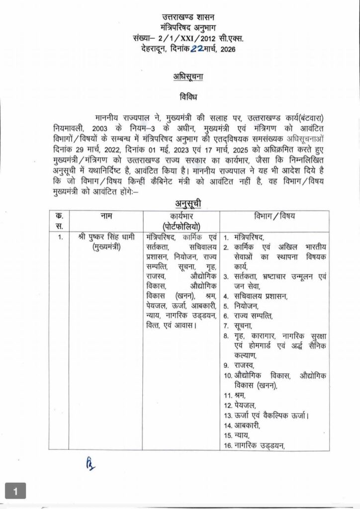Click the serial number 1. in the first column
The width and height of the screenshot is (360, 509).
pyautogui.click(x=60, y=237)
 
